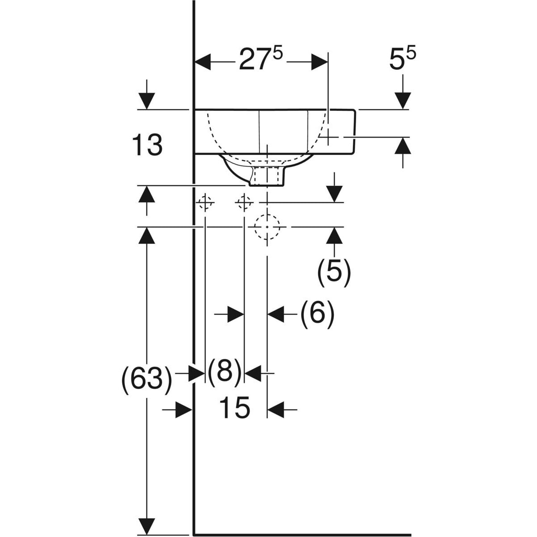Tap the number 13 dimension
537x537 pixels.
(x=147, y=145)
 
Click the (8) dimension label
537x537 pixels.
(x=224, y=373)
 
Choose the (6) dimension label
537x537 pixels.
(x=317, y=314)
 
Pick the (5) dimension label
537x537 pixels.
(x=334, y=272)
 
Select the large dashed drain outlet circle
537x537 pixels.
(x=267, y=227)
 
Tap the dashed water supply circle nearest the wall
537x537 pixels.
(x=205, y=203)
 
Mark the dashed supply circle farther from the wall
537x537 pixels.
(x=244, y=203)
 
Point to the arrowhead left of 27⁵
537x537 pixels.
(x=203, y=62)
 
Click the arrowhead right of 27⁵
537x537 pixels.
(x=320, y=62)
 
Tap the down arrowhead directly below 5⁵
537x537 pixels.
(x=402, y=100)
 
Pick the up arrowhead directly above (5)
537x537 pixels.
(x=334, y=235)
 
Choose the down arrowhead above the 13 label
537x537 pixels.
(x=147, y=101)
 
